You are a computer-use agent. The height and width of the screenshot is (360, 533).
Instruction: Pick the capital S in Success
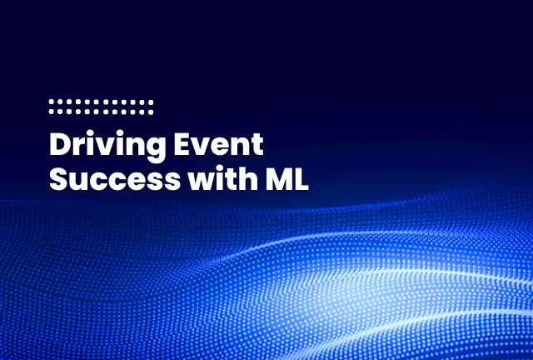pos(59,178)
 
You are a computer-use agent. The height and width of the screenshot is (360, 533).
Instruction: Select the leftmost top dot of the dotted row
pos(52,102)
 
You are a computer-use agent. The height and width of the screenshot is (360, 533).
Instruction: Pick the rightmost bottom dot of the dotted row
pos(152,110)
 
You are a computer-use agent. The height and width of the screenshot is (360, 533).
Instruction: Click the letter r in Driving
pos(80,147)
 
